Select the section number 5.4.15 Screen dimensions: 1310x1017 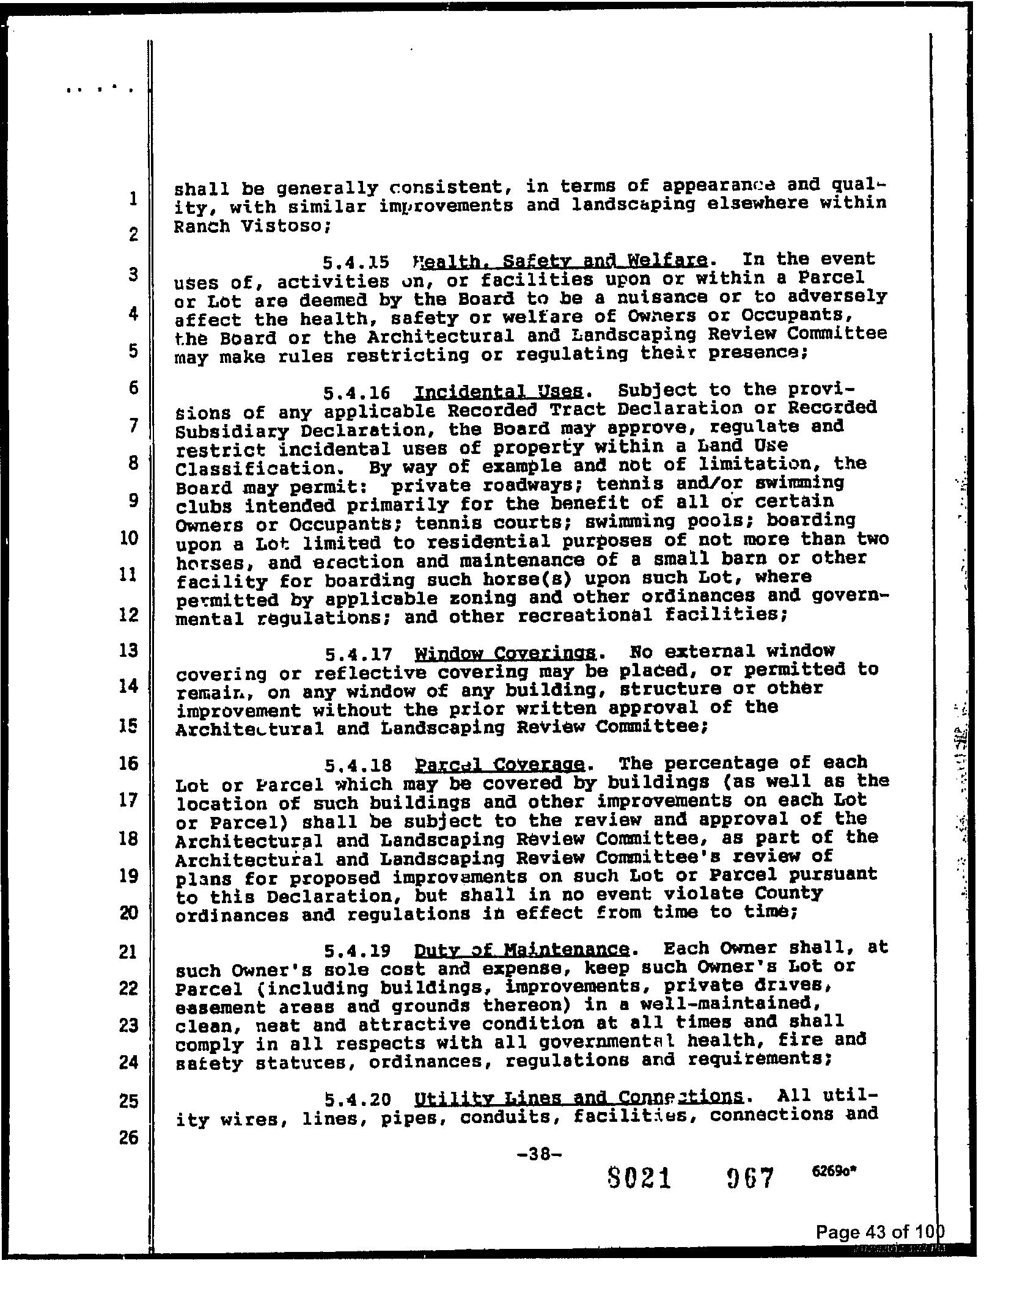coord(356,263)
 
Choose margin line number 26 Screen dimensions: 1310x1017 coord(128,1138)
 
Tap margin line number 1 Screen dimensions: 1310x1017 coord(133,198)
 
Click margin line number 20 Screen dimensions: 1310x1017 coord(128,913)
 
